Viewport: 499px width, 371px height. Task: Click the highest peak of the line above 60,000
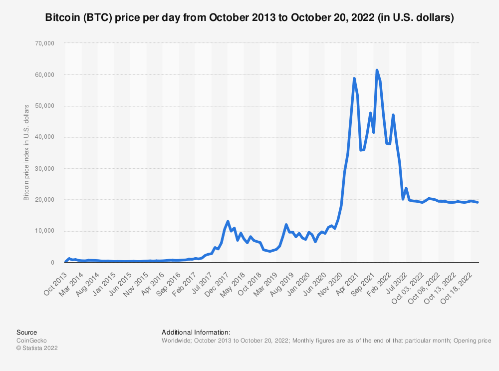377,70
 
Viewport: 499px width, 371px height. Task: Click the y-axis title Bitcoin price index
26,153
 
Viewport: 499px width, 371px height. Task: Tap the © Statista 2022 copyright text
37,349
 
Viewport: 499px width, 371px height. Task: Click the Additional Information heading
196,332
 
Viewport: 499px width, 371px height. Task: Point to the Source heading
26,332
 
